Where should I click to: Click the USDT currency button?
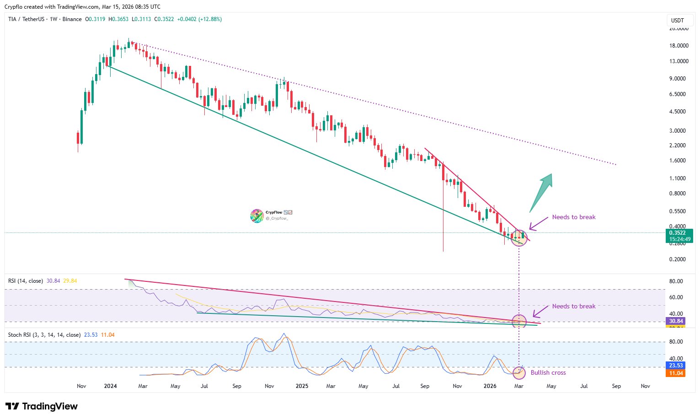tap(677, 21)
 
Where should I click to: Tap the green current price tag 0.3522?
tap(679, 233)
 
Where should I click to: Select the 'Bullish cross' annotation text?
tap(548, 373)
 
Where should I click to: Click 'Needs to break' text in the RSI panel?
tap(573, 307)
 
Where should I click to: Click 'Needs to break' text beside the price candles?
tap(573, 217)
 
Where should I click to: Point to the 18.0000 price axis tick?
tap(679, 46)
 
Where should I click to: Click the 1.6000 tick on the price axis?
tap(677, 161)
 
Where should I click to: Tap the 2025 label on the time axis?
tap(302, 386)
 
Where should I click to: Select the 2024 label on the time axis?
tap(110, 386)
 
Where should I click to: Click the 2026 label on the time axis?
tap(490, 386)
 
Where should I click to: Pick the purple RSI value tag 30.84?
tap(675, 321)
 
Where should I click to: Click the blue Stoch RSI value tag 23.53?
tap(675, 366)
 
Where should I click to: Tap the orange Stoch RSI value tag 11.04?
tap(675, 373)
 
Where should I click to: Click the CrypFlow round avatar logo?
tap(256, 215)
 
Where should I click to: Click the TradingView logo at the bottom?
tap(42, 406)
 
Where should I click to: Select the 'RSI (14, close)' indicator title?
tap(26, 281)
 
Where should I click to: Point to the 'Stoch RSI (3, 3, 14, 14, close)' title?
tap(44, 335)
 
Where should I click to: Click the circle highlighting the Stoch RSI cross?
tap(518, 373)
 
